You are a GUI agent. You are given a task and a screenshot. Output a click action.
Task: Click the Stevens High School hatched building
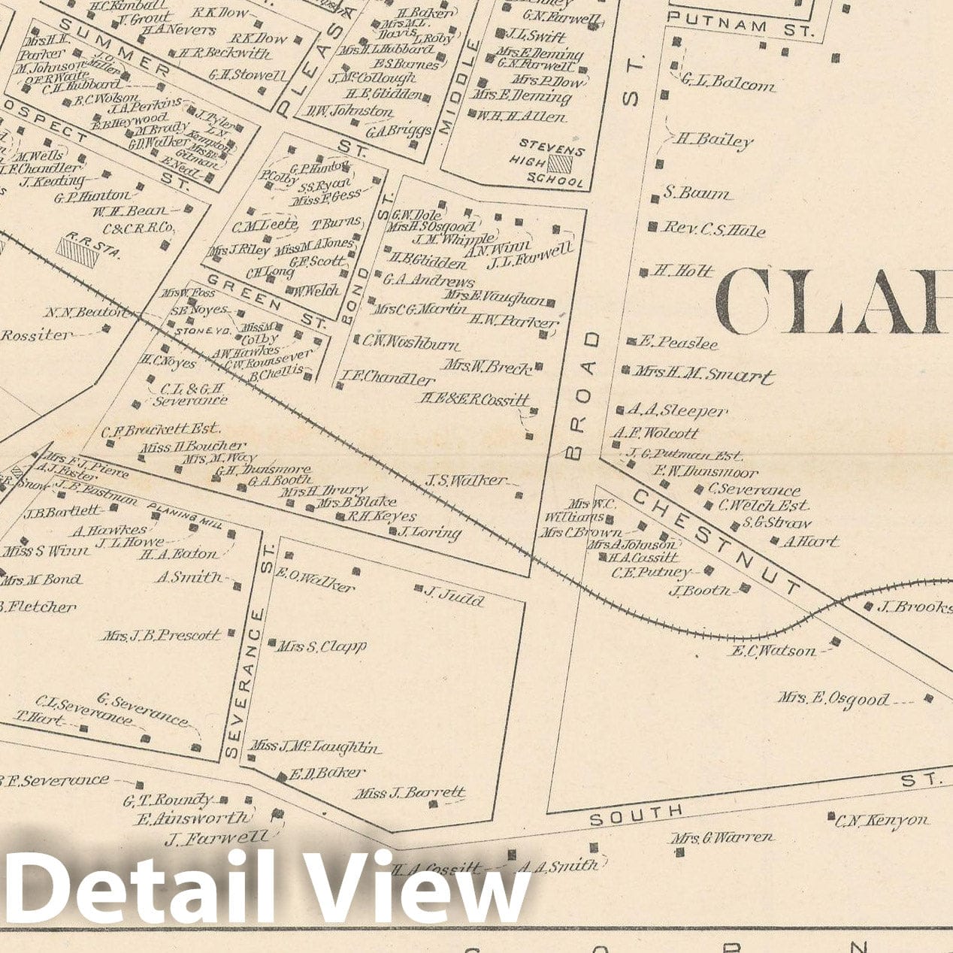pyautogui.click(x=559, y=165)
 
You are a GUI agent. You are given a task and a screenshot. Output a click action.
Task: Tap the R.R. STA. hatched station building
pyautogui.click(x=78, y=252)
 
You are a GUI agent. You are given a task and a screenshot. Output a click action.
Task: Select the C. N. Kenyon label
pyautogui.click(x=883, y=821)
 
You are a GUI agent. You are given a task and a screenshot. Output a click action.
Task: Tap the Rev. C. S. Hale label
pyautogui.click(x=712, y=230)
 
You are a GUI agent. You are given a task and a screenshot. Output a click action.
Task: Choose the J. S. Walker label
pyautogui.click(x=466, y=480)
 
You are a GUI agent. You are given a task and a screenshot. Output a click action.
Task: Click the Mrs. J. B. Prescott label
pyautogui.click(x=162, y=636)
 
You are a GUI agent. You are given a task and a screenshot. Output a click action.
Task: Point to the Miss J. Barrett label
pyautogui.click(x=410, y=793)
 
